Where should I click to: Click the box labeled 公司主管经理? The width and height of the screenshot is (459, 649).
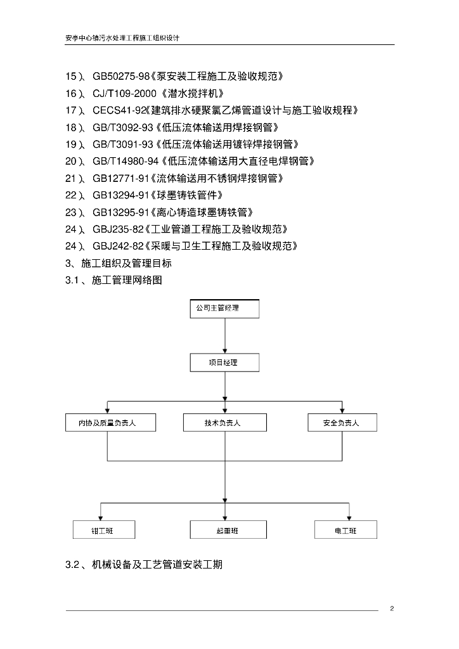(x=224, y=309)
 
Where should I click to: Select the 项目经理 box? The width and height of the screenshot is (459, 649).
(x=224, y=363)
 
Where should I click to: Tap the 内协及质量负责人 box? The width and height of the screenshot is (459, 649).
(x=110, y=423)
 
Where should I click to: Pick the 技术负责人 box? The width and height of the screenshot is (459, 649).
(x=224, y=423)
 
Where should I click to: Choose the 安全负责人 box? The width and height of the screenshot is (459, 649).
(x=342, y=423)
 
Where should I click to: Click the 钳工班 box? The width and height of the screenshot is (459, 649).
(x=104, y=530)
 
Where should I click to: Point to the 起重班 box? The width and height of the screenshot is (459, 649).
(x=228, y=530)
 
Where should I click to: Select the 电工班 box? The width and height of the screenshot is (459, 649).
(x=346, y=530)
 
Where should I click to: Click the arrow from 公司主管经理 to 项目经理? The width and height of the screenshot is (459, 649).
(x=224, y=336)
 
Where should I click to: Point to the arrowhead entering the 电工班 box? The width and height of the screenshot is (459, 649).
(x=349, y=518)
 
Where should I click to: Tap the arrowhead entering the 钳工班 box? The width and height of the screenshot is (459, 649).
(x=101, y=518)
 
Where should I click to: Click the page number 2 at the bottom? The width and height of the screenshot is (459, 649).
(x=392, y=608)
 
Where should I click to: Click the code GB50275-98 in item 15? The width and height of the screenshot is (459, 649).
(x=121, y=76)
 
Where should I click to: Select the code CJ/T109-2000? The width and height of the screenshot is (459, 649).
(x=125, y=94)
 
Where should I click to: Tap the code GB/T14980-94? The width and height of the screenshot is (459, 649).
(x=126, y=161)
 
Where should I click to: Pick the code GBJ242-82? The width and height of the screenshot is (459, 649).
(x=118, y=247)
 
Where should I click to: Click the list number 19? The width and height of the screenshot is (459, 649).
(x=71, y=145)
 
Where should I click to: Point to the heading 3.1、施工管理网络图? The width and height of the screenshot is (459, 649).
(x=114, y=280)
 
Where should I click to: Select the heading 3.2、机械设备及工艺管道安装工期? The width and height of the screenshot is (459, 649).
(x=144, y=565)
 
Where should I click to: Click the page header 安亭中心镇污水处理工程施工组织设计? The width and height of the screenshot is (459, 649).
(x=122, y=38)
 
